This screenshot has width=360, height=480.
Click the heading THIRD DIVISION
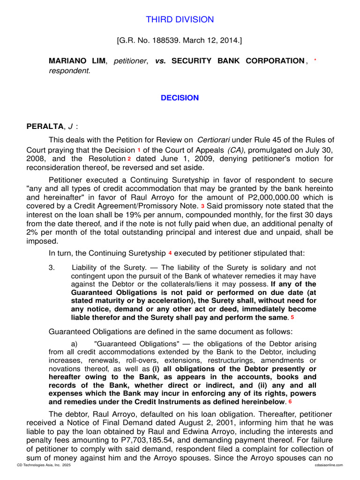[x=180, y=20]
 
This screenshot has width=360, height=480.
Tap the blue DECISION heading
[x=180, y=98]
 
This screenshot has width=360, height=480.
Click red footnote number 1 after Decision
[x=139, y=150]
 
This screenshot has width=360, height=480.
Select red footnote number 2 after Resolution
[x=129, y=159]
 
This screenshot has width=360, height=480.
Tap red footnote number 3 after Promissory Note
[x=202, y=207]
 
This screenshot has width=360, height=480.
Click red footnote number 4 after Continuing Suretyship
[x=170, y=253]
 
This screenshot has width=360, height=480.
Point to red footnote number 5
[x=292, y=318]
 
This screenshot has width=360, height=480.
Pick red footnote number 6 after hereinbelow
[x=290, y=402]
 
